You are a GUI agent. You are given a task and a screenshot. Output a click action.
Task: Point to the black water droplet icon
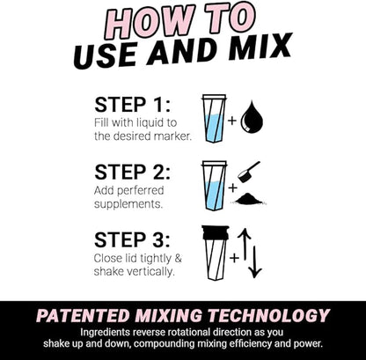253,118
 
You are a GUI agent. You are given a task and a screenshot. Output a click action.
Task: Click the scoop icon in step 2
249,171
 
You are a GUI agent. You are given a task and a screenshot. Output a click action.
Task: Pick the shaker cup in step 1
214,118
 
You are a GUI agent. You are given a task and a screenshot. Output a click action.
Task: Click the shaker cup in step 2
214,185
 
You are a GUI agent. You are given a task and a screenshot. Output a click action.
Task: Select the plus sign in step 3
234,258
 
